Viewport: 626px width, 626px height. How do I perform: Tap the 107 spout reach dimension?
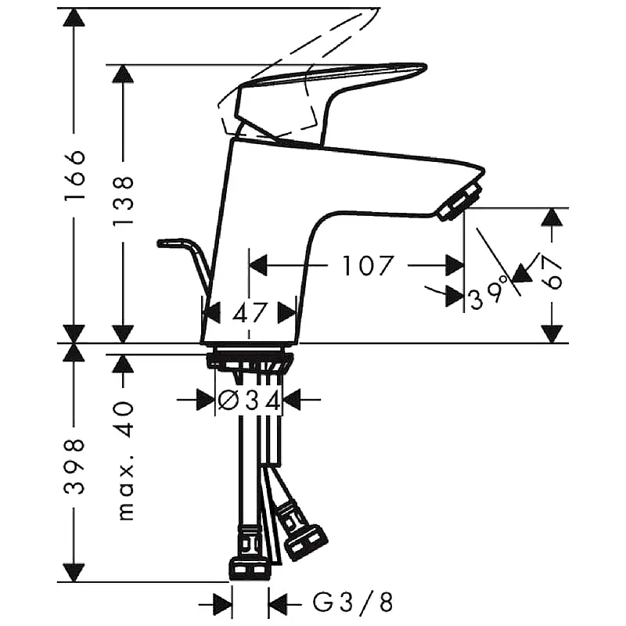tap(368, 266)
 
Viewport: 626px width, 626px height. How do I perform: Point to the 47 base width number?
tap(249, 313)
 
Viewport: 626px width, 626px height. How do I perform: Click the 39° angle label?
tap(489, 298)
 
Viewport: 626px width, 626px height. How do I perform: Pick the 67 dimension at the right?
tap(553, 273)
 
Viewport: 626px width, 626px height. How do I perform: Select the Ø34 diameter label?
tap(249, 401)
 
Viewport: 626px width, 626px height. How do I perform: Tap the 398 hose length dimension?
tap(74, 466)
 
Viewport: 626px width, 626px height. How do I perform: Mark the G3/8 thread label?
tap(352, 603)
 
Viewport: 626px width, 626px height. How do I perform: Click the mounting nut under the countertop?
tap(250, 362)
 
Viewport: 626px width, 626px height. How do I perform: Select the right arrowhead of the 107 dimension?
tap(455, 266)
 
